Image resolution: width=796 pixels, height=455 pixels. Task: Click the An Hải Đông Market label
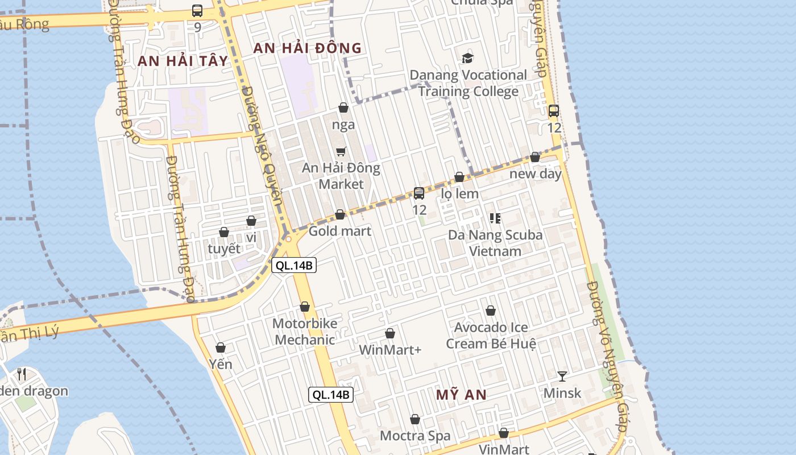tap(341, 176)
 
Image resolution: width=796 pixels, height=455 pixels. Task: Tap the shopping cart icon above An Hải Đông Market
tap(341, 151)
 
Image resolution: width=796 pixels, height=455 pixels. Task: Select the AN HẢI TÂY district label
tap(183, 61)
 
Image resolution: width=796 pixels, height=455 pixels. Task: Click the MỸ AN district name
tap(461, 395)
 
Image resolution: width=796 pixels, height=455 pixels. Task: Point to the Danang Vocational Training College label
tap(469, 83)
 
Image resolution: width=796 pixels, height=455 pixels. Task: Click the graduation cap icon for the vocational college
tap(467, 58)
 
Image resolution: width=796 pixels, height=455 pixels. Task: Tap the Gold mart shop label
tap(339, 231)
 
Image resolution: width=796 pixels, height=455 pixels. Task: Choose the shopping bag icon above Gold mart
tap(340, 214)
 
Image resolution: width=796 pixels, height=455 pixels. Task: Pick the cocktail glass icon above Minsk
tap(562, 376)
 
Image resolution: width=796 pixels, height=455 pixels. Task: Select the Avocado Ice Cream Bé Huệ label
tap(491, 336)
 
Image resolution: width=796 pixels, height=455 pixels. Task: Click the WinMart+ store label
tap(390, 350)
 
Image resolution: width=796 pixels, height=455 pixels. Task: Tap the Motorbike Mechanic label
tap(304, 332)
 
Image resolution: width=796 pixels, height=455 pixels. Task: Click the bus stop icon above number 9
tap(197, 10)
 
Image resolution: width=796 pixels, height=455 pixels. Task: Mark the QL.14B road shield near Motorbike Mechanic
tap(293, 265)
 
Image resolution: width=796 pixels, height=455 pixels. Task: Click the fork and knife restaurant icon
tap(22, 374)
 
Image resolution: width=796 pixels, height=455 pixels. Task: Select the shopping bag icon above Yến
tap(221, 347)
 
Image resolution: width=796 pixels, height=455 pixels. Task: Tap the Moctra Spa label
tap(415, 436)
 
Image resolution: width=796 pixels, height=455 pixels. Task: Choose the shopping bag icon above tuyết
tap(224, 232)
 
